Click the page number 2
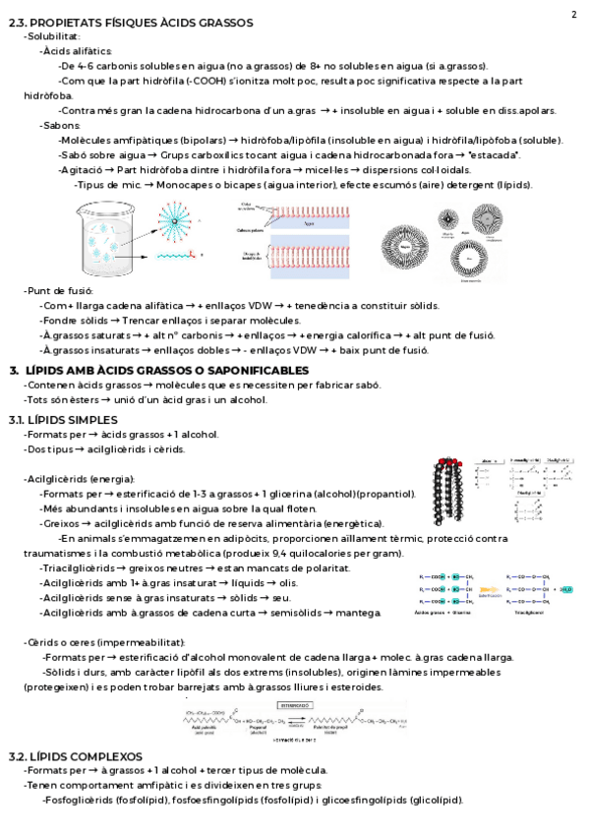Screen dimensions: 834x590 573,14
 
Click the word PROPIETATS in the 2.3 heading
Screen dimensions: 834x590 71,22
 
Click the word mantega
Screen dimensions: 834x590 358,613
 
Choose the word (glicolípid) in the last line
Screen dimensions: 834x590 434,800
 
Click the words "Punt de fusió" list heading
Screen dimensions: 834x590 59,291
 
